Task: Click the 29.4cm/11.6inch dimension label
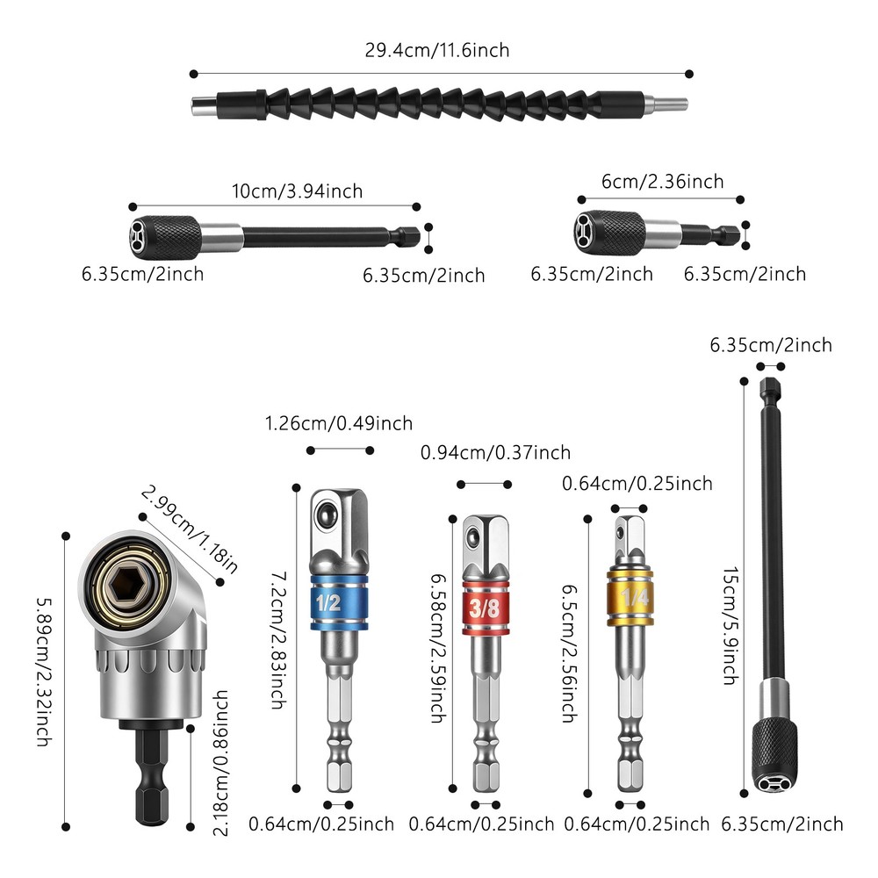[437, 50]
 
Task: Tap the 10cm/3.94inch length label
[298, 191]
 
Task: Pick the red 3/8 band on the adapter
[483, 608]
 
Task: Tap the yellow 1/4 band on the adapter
[630, 595]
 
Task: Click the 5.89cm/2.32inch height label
[43, 672]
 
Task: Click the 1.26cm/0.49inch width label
[338, 424]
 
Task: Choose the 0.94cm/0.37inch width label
[495, 453]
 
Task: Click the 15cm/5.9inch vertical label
[729, 624]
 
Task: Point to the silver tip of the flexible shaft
[672, 106]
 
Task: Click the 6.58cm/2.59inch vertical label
[435, 649]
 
